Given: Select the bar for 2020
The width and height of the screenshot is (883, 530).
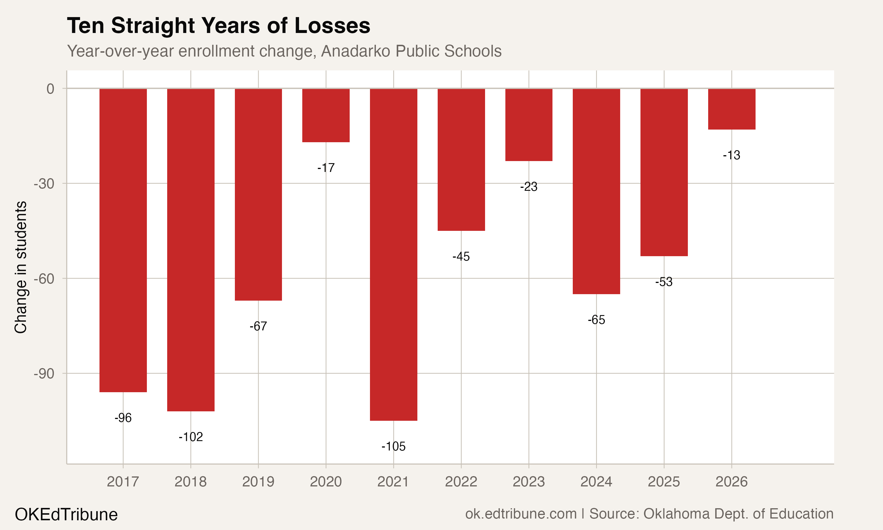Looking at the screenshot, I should (x=326, y=115).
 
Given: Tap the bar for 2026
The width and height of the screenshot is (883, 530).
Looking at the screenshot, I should (x=732, y=109).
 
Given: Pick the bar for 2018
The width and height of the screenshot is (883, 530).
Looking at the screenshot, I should (x=191, y=250).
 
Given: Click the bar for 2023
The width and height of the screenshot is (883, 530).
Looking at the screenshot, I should (x=529, y=125).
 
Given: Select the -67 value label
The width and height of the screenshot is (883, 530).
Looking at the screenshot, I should (x=258, y=326).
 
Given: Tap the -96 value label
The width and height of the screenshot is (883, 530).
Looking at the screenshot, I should (x=123, y=418).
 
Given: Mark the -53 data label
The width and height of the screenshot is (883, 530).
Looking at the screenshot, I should (x=664, y=282).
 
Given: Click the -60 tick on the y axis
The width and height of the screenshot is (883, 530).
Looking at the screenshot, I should (x=44, y=279).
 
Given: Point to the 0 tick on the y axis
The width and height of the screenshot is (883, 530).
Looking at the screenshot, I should (x=50, y=89).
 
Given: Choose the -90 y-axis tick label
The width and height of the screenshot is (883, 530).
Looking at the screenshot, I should (x=44, y=374).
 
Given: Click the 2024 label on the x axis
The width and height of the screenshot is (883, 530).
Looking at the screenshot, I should (x=596, y=482).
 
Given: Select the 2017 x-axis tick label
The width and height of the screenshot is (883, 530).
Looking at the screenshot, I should (x=123, y=482).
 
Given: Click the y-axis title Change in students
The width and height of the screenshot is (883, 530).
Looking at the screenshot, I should (x=21, y=267).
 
